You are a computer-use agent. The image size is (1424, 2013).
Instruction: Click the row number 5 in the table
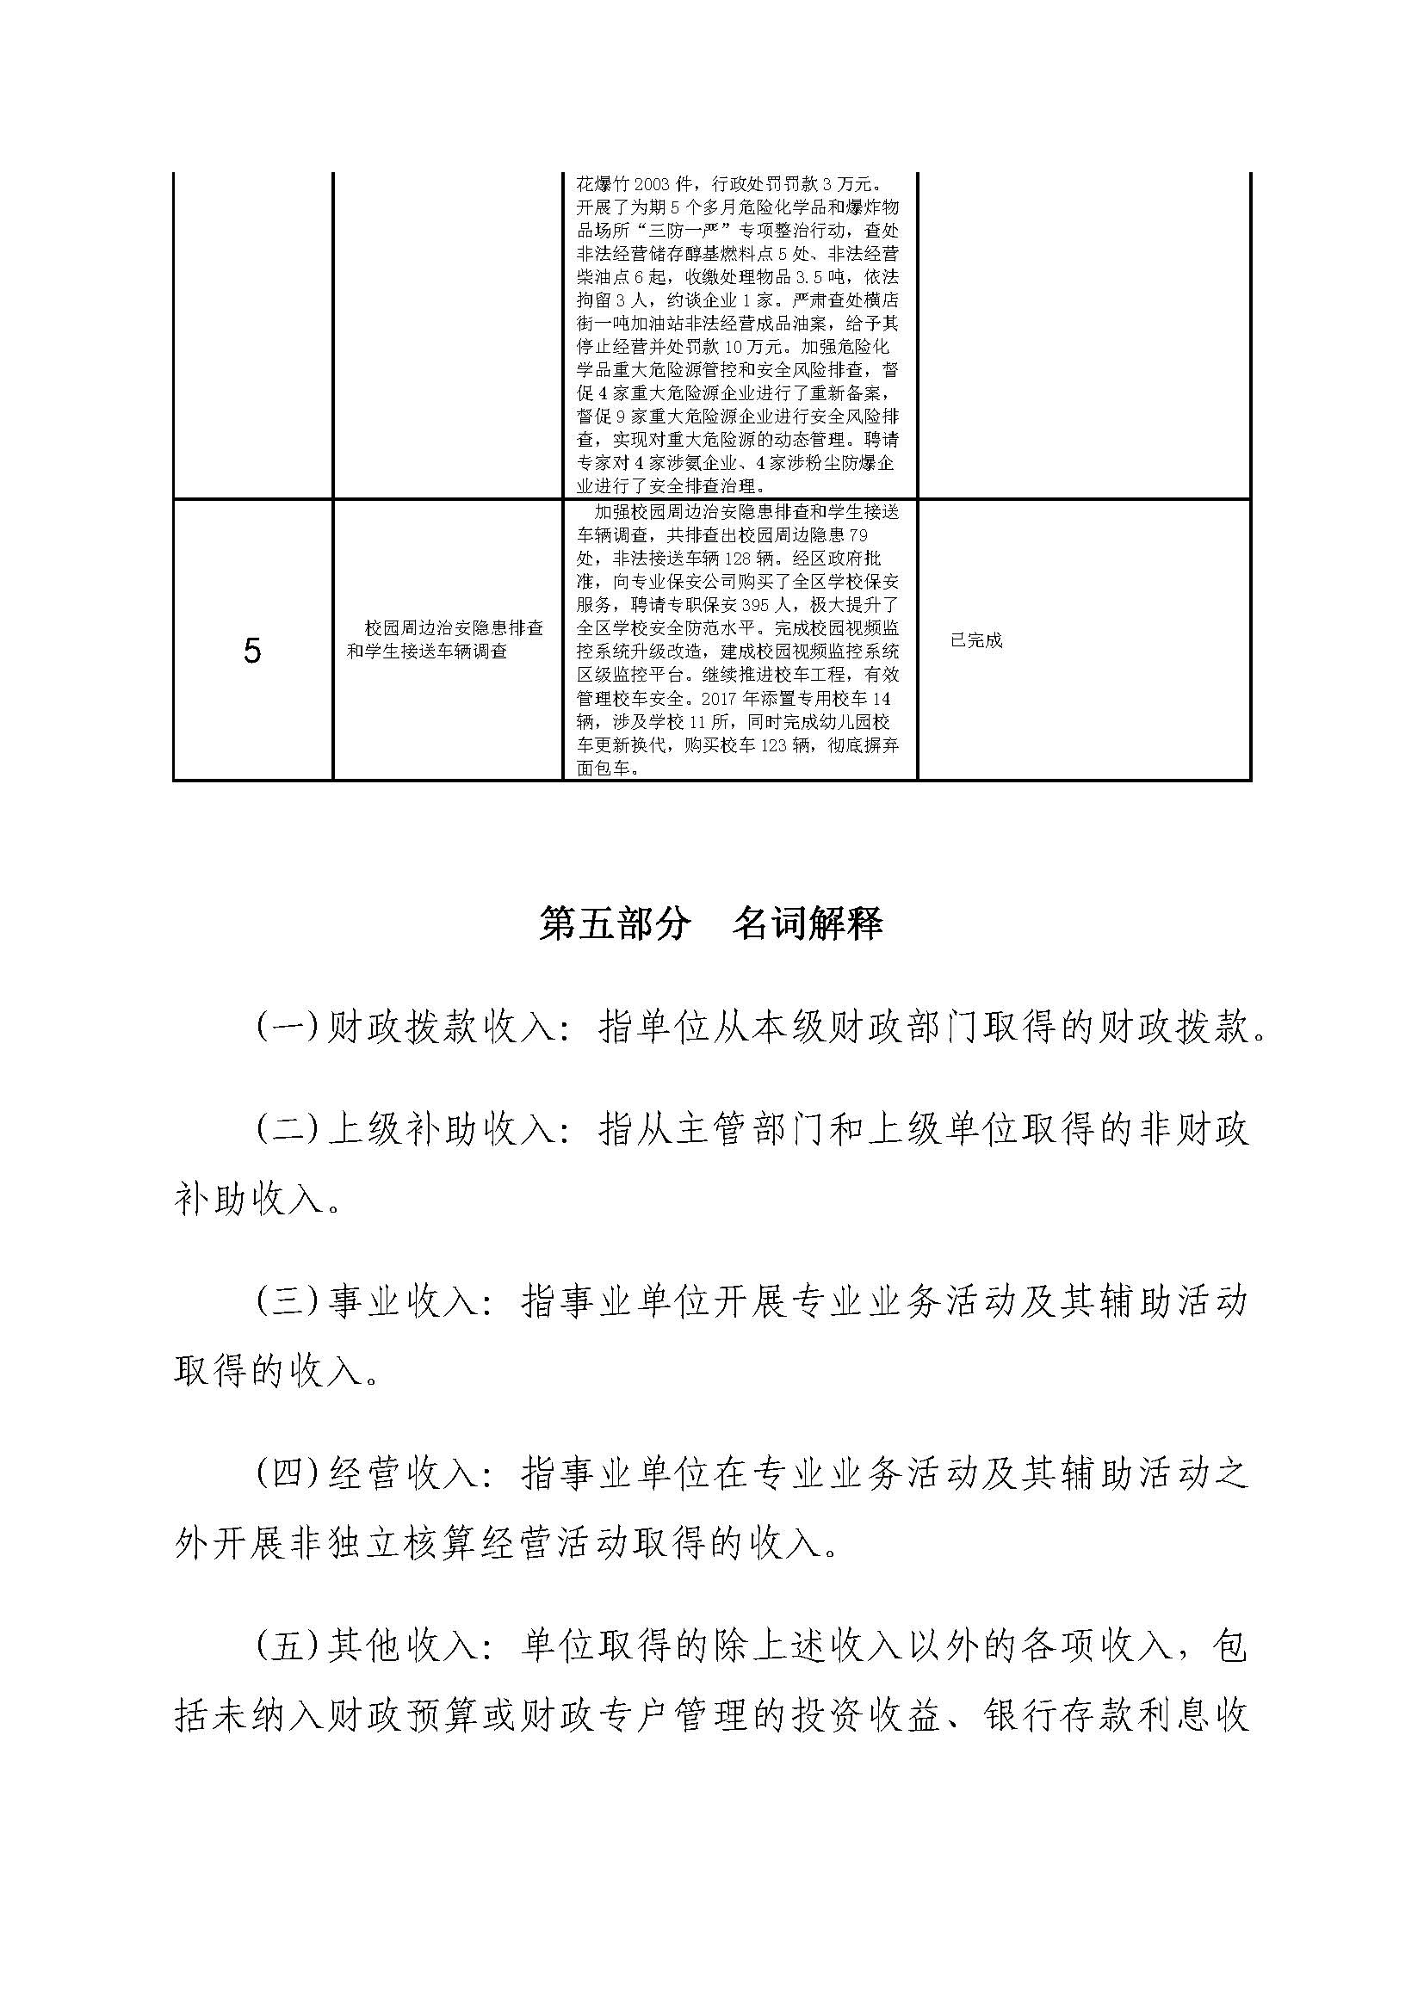point(252,651)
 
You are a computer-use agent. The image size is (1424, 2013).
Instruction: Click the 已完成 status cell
point(976,640)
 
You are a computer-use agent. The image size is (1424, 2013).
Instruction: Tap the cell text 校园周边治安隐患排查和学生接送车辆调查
point(444,640)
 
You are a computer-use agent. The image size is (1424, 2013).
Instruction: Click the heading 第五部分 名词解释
point(711,924)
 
